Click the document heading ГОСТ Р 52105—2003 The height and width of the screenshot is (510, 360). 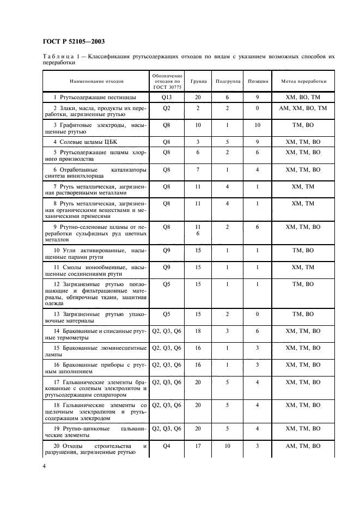pyautogui.click(x=74, y=41)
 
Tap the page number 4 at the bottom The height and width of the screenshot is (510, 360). pyautogui.click(x=44, y=466)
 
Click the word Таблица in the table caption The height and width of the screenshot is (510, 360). pyautogui.click(x=58, y=57)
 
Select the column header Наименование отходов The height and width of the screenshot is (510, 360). pyautogui.click(x=96, y=81)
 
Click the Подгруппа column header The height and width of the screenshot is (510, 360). pyautogui.click(x=227, y=81)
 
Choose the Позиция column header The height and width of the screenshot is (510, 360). pyautogui.click(x=258, y=81)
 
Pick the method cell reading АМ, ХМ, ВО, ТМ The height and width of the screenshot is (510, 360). pyautogui.click(x=303, y=108)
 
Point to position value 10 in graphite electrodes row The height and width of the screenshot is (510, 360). pyautogui.click(x=258, y=125)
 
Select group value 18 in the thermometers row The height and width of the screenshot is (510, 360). pyautogui.click(x=198, y=330)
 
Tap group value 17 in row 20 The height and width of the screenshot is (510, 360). pyautogui.click(x=198, y=446)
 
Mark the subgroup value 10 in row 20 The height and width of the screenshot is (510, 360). pyautogui.click(x=227, y=446)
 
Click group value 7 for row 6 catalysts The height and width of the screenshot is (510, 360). pyautogui.click(x=198, y=170)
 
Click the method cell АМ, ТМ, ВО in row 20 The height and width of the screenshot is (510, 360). pyautogui.click(x=303, y=446)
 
